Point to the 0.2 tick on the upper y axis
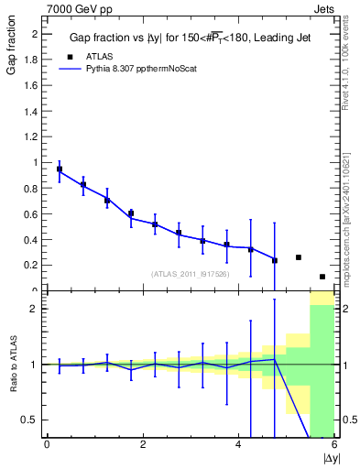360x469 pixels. point(33,265)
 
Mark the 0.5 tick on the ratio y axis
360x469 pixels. point(31,420)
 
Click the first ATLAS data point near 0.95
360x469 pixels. point(60,169)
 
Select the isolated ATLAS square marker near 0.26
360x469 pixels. point(299,257)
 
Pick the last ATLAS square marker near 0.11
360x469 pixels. point(322,277)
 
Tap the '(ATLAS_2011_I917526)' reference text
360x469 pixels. point(190,274)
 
